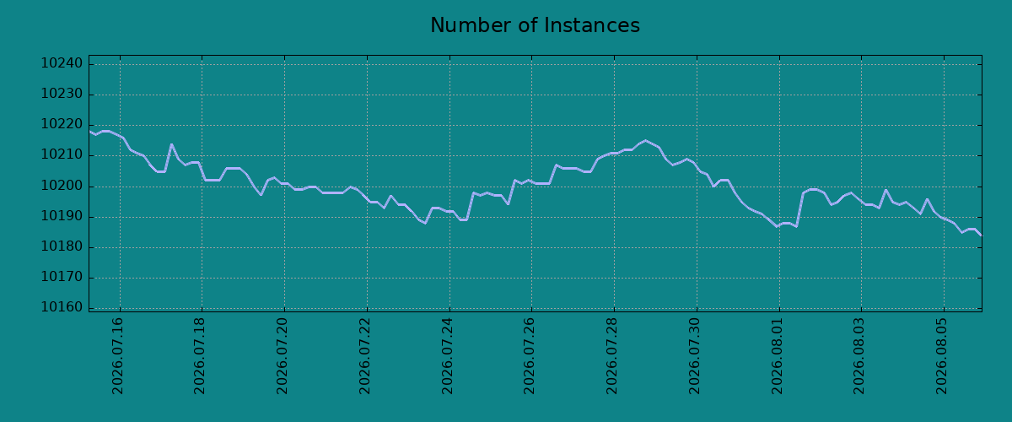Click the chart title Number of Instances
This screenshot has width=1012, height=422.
coord(535,24)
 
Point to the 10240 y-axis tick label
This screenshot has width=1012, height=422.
coord(62,63)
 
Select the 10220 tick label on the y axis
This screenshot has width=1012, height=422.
coord(62,124)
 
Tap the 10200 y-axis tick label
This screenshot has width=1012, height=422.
coord(62,186)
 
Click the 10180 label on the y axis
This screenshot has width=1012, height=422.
coord(62,246)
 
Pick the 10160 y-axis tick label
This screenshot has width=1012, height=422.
coord(62,307)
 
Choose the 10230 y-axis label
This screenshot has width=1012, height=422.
coord(62,94)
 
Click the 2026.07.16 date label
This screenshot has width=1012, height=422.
coord(117,356)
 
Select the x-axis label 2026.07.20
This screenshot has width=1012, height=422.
coord(282,356)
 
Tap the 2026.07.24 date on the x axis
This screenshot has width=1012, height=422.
coord(447,356)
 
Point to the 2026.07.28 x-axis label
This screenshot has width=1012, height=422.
coord(611,356)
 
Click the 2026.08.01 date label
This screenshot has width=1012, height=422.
coord(777,356)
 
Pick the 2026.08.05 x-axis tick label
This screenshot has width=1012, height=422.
coord(941,356)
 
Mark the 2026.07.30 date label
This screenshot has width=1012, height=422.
coord(694,356)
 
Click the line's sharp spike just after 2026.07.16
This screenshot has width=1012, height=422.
coord(171,144)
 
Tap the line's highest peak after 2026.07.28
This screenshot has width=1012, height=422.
coord(645,141)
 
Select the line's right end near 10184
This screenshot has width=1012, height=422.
coord(982,235)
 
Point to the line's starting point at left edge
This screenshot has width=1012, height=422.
coord(89,131)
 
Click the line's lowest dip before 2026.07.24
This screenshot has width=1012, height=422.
coord(425,223)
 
